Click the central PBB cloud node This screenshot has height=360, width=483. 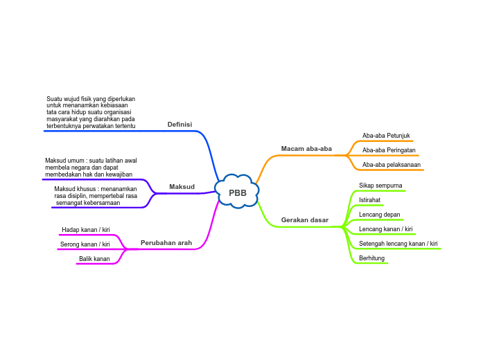[x=238, y=192]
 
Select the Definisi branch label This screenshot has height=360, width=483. [x=179, y=125]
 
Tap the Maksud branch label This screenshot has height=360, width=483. [x=182, y=186]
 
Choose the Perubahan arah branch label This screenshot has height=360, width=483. [x=166, y=243]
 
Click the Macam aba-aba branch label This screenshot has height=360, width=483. [x=306, y=149]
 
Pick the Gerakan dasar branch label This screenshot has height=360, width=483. [x=305, y=220]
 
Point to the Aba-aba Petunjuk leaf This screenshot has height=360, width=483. [x=387, y=136]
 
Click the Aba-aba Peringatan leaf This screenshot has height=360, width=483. [x=389, y=150]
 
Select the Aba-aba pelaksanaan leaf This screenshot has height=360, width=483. [x=392, y=165]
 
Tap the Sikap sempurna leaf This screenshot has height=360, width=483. [x=380, y=186]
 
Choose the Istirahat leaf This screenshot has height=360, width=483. [x=369, y=200]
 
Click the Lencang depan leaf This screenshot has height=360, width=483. [x=380, y=215]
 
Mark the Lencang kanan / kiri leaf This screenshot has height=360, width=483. [x=386, y=229]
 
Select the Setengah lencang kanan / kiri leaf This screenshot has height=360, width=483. [x=398, y=244]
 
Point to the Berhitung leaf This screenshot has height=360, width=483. [x=371, y=258]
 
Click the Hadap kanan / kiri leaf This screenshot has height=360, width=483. [x=86, y=229]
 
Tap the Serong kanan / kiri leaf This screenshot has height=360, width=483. [x=85, y=244]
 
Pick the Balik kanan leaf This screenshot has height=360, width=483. [x=94, y=259]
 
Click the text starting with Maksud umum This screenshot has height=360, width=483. [x=91, y=168]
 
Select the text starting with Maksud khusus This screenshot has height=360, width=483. [x=96, y=196]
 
